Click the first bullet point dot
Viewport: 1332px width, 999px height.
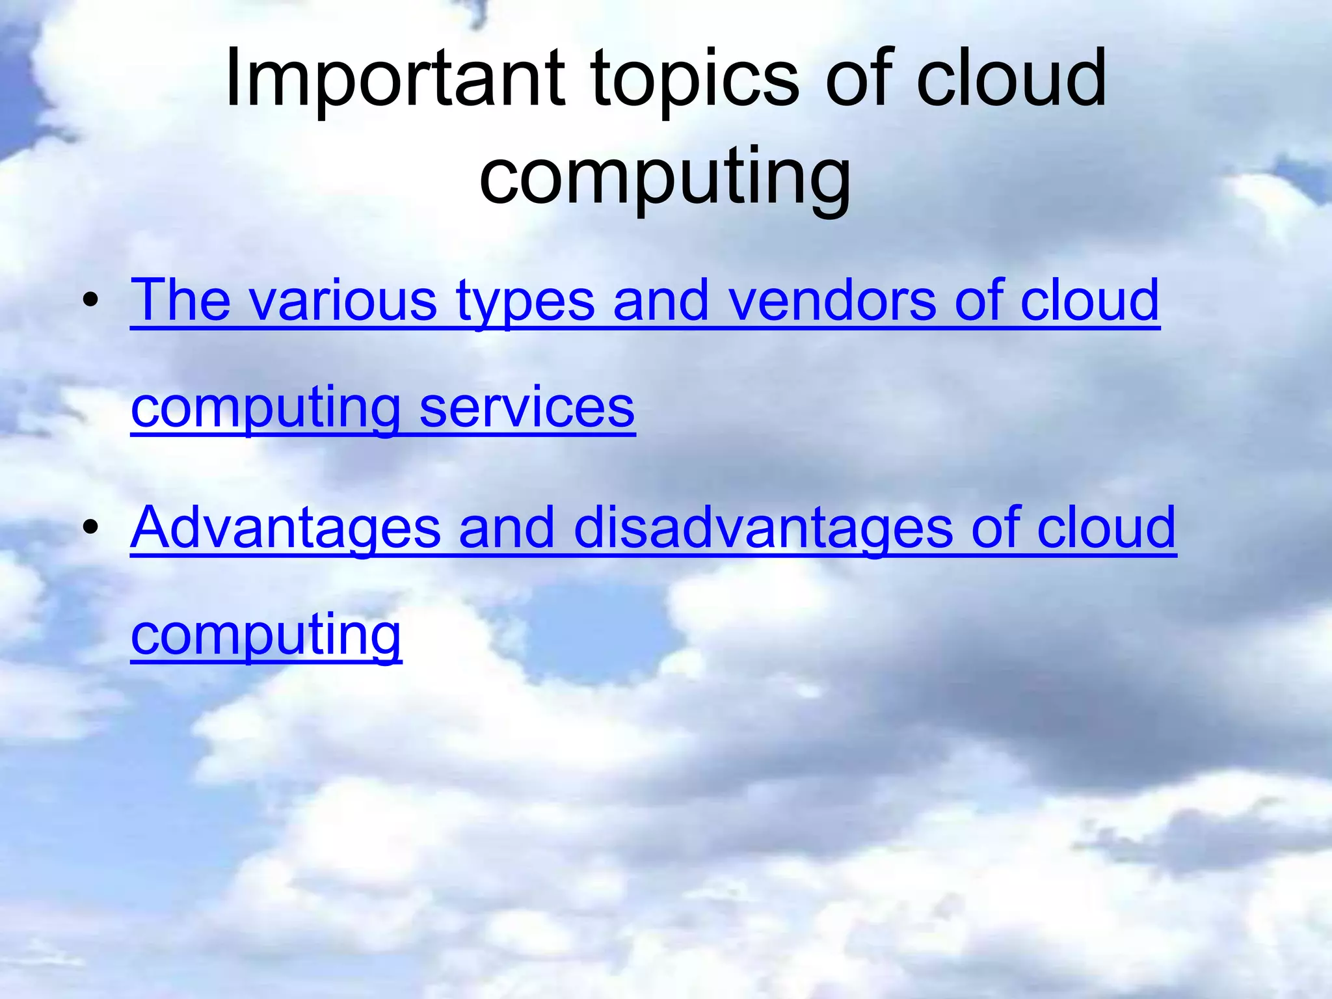coord(90,300)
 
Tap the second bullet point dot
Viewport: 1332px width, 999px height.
coord(90,527)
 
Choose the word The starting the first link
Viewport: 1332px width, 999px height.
coord(181,300)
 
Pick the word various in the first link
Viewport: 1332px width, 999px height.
coord(343,300)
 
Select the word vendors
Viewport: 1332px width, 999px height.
coord(832,300)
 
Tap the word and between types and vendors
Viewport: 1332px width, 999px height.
coord(661,300)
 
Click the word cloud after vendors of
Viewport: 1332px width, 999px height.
coord(1090,300)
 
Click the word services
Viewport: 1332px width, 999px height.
coord(527,408)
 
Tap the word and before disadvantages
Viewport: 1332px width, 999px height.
coord(507,527)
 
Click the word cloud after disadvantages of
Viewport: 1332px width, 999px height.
coord(1106,527)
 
